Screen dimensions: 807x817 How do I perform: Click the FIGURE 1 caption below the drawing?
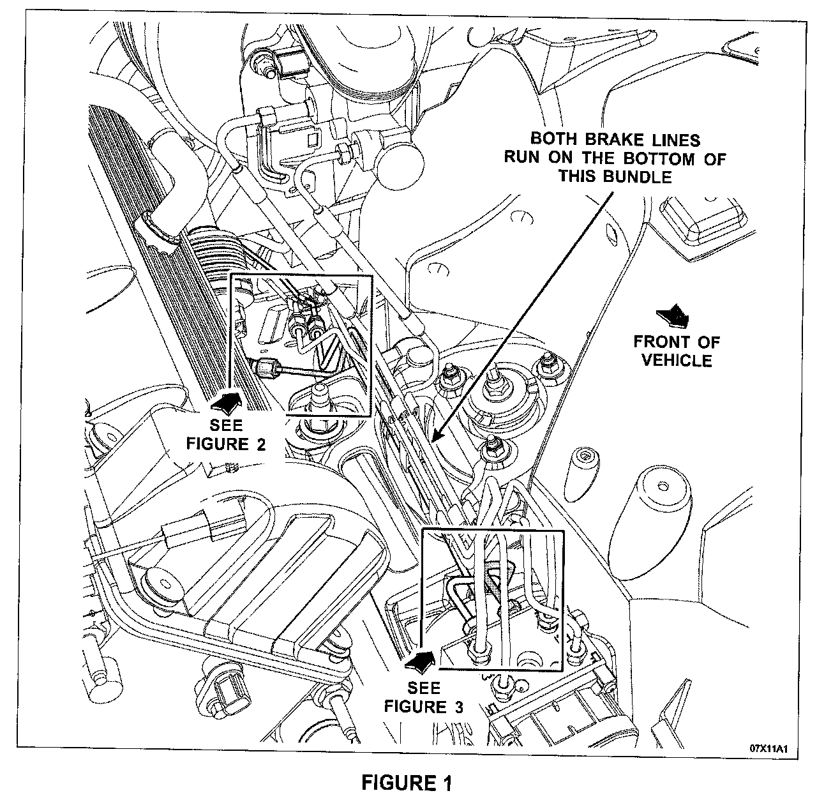click(x=407, y=783)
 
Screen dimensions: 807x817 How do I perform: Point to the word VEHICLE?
click(x=677, y=360)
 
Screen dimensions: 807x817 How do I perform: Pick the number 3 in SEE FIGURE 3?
click(x=458, y=707)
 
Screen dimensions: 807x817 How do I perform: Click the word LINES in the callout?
click(x=676, y=139)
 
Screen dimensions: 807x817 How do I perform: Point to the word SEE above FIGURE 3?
click(x=424, y=688)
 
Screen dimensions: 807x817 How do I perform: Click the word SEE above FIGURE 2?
click(x=226, y=425)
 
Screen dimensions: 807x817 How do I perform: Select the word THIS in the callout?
click(x=580, y=176)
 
